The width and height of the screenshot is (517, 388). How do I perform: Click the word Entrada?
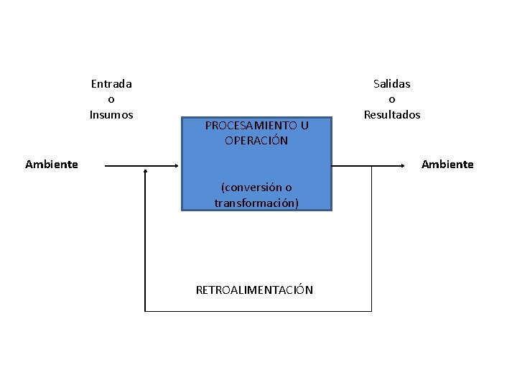coord(111,83)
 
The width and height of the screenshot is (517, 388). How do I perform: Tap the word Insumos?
coord(111,114)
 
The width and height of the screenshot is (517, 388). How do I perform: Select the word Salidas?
coord(391,83)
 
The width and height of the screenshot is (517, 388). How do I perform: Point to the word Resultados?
coord(392,114)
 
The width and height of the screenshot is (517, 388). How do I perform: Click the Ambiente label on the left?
coord(52,164)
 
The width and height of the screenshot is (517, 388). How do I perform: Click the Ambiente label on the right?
coord(447,164)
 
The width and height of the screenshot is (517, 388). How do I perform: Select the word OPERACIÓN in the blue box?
coord(256,141)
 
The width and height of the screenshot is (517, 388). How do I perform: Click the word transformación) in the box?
coord(256,203)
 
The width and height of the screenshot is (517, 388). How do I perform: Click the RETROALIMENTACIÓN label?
coord(254,290)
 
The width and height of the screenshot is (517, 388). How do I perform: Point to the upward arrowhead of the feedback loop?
coord(145,171)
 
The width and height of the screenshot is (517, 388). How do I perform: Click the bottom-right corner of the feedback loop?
coord(371,311)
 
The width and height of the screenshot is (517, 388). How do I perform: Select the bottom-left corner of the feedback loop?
coord(145,311)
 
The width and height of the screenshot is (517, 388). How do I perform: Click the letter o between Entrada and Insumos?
coord(111,99)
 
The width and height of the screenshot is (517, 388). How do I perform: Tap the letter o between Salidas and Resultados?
coord(392,99)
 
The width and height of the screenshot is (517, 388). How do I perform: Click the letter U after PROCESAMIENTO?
coord(304,125)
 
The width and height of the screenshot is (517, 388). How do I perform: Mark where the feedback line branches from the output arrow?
coord(371,165)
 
